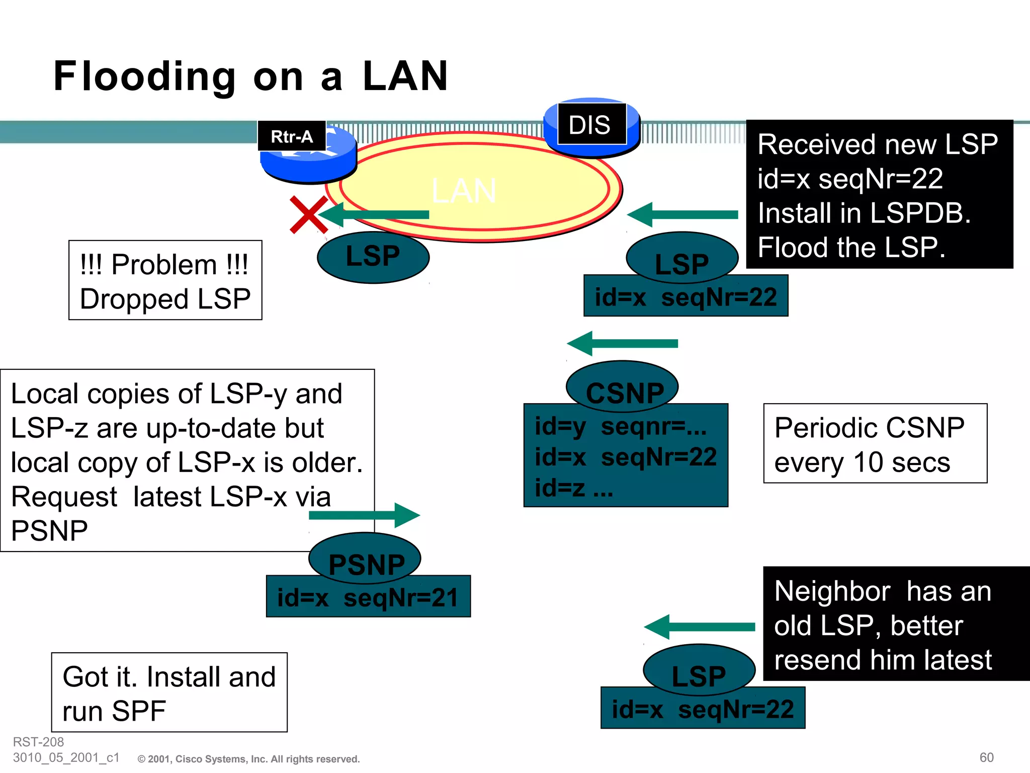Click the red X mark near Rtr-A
tap(308, 215)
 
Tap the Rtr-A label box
tap(292, 136)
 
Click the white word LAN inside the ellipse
tap(464, 191)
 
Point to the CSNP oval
tap(623, 386)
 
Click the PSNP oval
tap(365, 559)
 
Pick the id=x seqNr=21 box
tap(368, 598)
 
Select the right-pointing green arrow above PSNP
tap(364, 515)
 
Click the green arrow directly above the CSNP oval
tap(623, 343)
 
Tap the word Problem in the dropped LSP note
tap(164, 265)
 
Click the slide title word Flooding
tap(144, 76)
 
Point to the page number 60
tap(986, 757)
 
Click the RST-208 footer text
tap(38, 742)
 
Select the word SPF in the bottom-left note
tap(139, 711)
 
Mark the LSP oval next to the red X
tap(373, 257)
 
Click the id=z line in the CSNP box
tap(573, 488)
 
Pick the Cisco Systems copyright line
tap(249, 759)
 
